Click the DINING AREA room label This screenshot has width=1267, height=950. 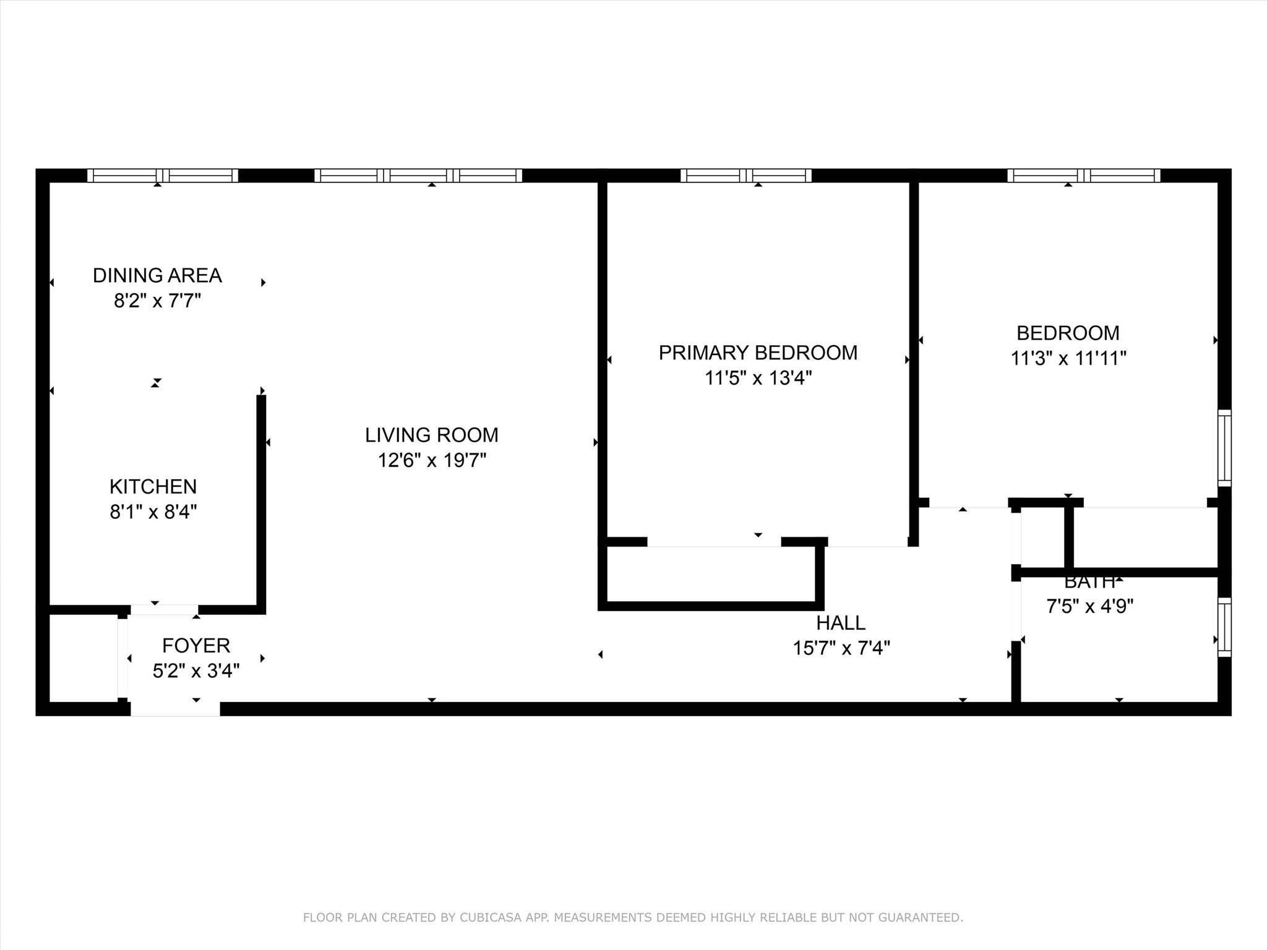[x=157, y=275]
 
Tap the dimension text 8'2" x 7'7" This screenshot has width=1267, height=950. [x=157, y=301]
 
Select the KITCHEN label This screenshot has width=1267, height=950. [x=153, y=487]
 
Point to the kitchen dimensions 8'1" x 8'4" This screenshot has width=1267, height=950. [x=153, y=512]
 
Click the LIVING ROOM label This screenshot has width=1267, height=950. [x=432, y=435]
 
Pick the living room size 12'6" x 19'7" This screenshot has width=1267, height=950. [x=432, y=460]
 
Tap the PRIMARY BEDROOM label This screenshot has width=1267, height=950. [x=758, y=353]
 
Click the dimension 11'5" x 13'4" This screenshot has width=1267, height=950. [x=758, y=378]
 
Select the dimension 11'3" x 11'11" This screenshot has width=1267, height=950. [x=1068, y=358]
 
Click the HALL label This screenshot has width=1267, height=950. [x=841, y=622]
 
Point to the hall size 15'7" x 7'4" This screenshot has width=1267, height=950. [x=841, y=648]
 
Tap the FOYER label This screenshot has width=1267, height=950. [x=196, y=646]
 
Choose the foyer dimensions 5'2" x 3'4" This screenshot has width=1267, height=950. [x=196, y=670]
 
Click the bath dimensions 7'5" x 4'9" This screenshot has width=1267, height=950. [x=1089, y=606]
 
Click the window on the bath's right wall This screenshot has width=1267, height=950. [x=1224, y=627]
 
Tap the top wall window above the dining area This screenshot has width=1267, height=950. [x=162, y=176]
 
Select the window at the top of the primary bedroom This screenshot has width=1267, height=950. [x=745, y=176]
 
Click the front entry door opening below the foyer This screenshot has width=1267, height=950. [x=175, y=709]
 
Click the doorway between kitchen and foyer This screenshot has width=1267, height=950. [x=164, y=610]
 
